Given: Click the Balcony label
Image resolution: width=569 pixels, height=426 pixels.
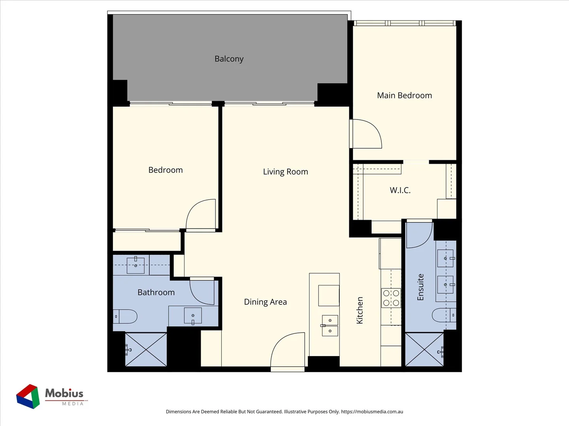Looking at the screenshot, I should (x=229, y=59).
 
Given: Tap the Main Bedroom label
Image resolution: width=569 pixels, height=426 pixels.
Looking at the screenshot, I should (x=404, y=95).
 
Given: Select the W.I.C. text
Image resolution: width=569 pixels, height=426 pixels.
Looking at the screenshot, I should (x=400, y=190).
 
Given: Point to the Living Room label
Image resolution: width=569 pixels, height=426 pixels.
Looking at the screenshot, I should (x=285, y=172).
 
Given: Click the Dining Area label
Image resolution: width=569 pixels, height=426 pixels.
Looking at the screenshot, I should (x=265, y=302).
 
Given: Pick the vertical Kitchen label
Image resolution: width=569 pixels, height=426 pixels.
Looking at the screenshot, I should (x=360, y=310).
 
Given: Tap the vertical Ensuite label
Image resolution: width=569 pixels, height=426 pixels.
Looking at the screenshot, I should (x=420, y=287).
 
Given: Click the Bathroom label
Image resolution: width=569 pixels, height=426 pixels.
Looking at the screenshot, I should (x=156, y=292).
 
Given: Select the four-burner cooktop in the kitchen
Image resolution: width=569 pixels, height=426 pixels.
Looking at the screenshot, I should (x=391, y=298).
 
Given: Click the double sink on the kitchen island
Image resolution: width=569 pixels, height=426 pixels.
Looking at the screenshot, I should (x=330, y=325).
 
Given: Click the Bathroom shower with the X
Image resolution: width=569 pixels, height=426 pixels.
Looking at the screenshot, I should (x=146, y=349).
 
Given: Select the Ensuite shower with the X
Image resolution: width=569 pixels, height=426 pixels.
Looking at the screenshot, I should (x=424, y=349).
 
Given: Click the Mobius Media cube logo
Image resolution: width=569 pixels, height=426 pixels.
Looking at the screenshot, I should (x=28, y=396).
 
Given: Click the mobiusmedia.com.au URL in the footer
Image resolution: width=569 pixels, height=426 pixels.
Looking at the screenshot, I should (x=372, y=411).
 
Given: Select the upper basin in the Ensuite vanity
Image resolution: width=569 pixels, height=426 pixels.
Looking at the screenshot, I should (x=446, y=258).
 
